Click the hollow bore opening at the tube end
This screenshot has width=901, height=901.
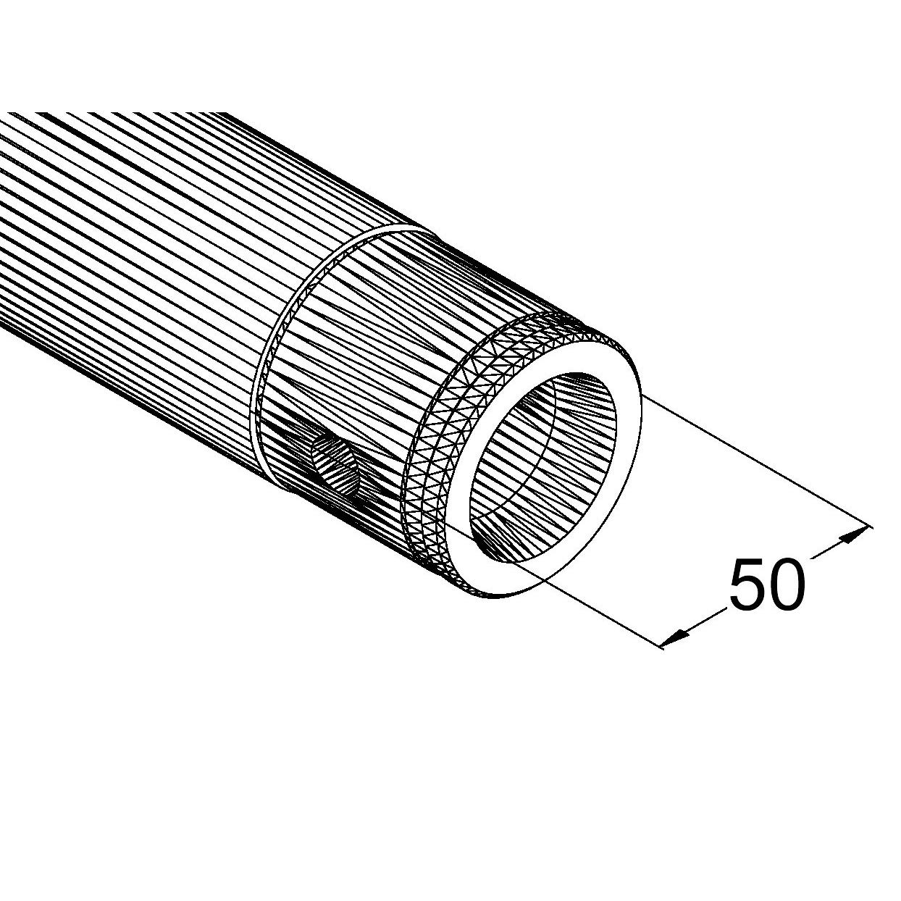[x=542, y=461]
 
